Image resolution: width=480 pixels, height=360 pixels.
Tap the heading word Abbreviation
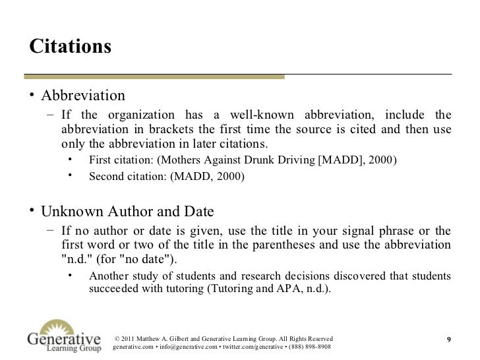point(83,97)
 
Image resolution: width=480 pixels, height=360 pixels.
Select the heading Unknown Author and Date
point(127,212)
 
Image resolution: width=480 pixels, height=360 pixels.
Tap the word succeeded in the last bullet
point(115,288)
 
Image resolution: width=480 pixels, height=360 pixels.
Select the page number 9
point(448,340)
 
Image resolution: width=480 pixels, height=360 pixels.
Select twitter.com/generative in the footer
point(248,347)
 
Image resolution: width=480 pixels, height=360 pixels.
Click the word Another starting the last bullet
point(109,276)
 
